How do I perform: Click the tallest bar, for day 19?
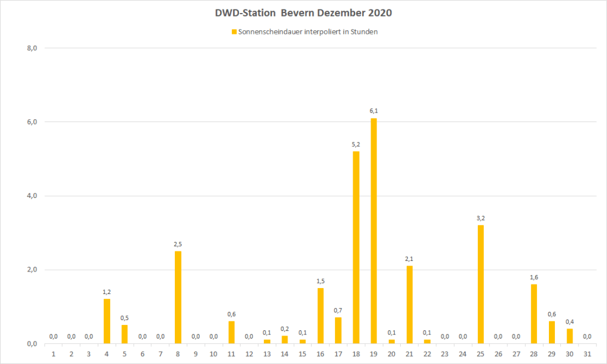[373, 231]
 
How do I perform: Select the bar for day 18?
[356, 248]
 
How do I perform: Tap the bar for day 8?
[178, 298]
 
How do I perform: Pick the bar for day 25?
[480, 285]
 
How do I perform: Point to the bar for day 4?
[107, 321]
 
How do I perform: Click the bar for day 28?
[533, 314]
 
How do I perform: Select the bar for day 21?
[409, 305]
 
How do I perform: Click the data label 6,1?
[373, 111]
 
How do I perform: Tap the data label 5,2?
[356, 144]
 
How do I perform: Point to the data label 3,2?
[480, 218]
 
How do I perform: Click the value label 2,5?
[178, 244]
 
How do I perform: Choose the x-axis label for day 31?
[587, 355]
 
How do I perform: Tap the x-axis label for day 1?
[53, 355]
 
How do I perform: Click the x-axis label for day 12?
[249, 355]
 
